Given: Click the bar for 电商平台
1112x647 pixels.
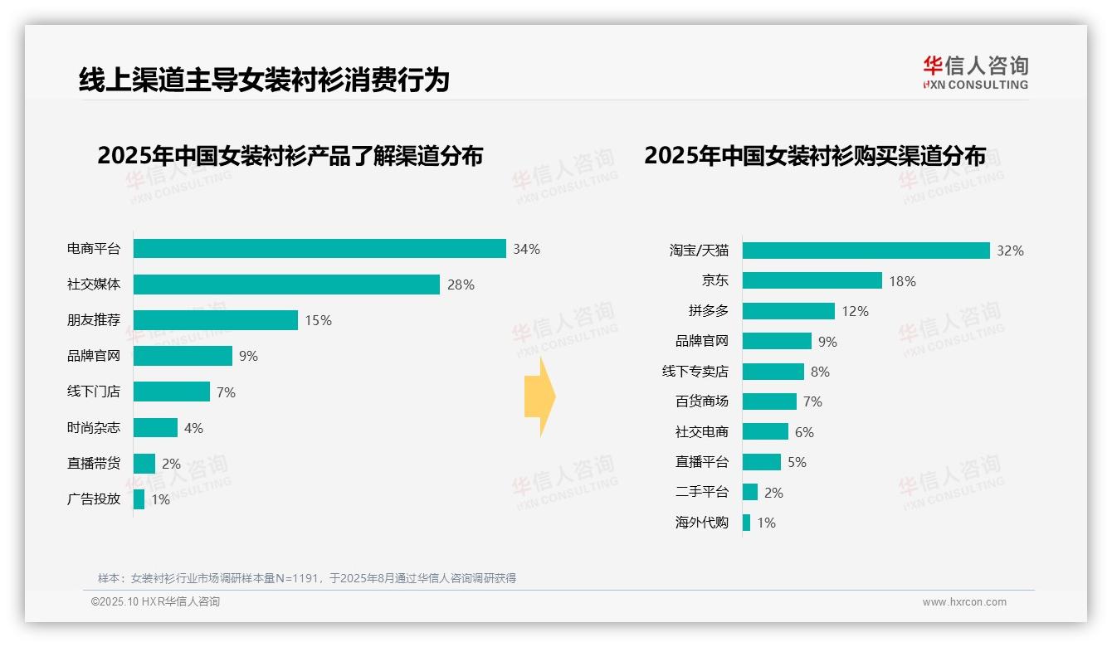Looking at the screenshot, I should tap(319, 249).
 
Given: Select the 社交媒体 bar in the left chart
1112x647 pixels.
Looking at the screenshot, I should tap(286, 285).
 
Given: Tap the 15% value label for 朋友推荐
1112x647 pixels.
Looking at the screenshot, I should tap(318, 320).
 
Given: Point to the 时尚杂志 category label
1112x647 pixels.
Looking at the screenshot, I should tap(94, 428).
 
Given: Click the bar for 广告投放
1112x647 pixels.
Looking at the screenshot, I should tap(139, 499).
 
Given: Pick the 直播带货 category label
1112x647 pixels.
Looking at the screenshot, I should tap(94, 464).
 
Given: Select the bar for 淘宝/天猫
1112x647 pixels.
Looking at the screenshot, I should tap(866, 251).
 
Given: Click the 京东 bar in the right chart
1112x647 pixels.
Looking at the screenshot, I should tap(812, 281).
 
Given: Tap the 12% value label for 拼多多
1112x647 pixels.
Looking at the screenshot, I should tap(855, 311).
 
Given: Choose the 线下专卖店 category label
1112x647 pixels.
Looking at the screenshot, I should tap(695, 372).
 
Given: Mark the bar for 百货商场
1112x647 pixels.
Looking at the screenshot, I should tap(769, 401).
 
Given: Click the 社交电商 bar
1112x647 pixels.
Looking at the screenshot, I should tap(765, 431).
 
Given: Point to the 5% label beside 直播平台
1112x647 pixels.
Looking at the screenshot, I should tap(797, 462).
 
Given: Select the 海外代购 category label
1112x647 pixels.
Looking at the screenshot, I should tap(702, 523).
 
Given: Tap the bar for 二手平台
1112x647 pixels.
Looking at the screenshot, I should tap(750, 492).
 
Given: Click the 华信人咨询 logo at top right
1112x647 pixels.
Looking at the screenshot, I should tap(975, 72).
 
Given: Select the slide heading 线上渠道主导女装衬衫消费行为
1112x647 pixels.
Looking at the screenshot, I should tap(264, 80).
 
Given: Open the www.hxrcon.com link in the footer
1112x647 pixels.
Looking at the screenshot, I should tap(964, 602).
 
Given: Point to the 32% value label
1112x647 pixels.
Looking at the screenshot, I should tap(1010, 251).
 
